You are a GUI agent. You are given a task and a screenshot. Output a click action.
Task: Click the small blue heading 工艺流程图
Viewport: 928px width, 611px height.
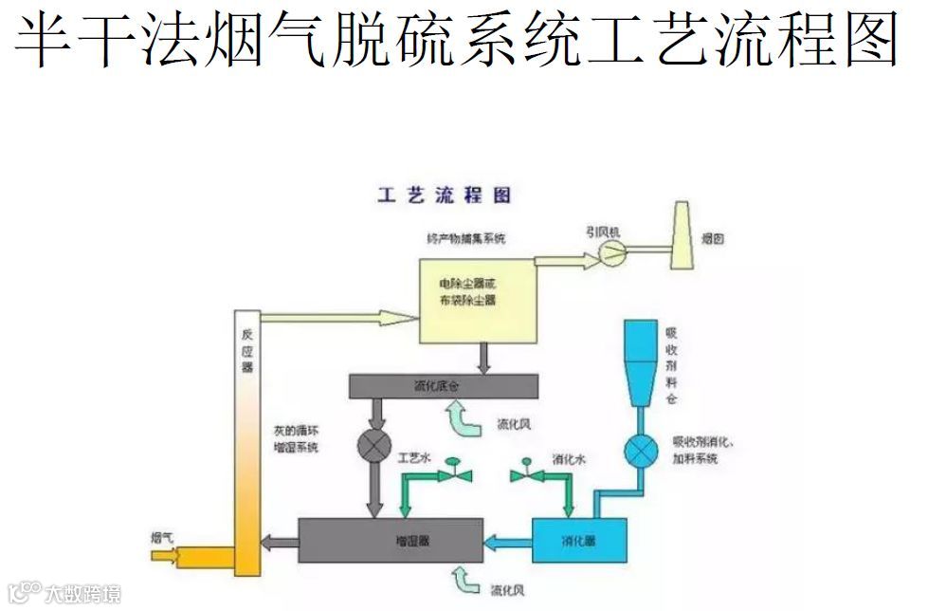click(444, 195)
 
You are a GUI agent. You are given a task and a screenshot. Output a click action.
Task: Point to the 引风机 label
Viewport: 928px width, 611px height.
click(603, 231)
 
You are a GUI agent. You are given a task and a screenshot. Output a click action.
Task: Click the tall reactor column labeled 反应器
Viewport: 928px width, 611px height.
click(246, 436)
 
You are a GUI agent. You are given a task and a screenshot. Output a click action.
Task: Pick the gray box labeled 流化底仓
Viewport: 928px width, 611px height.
click(443, 386)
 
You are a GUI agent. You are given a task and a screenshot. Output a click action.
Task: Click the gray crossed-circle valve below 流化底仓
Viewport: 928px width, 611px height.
click(373, 444)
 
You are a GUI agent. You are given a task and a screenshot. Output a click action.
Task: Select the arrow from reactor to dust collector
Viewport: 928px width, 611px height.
click(337, 317)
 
